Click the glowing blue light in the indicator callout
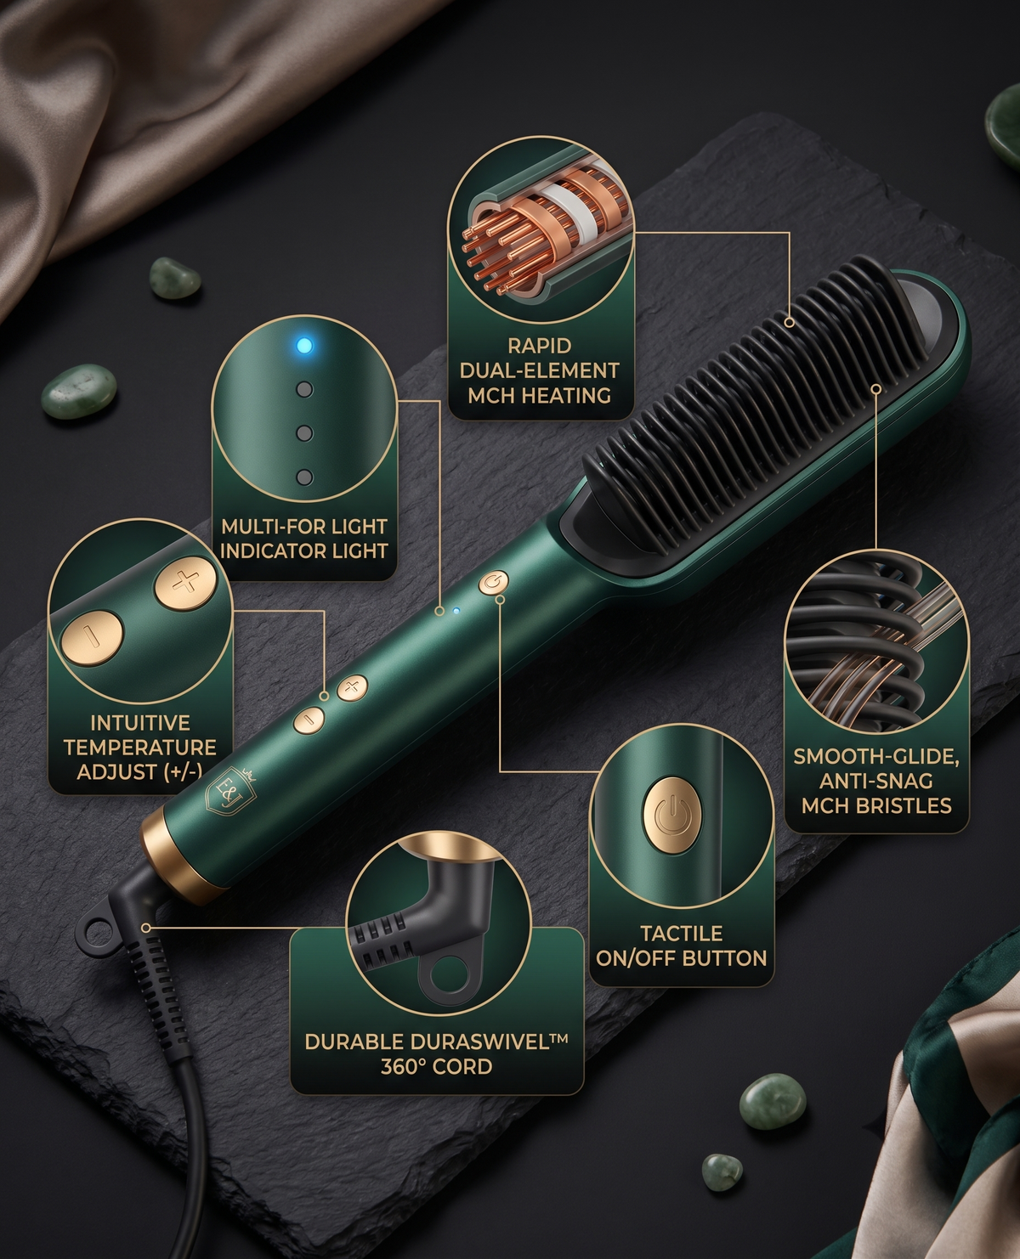click(304, 345)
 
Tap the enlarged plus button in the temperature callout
click(185, 584)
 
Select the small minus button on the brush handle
click(309, 720)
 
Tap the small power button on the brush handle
click(494, 582)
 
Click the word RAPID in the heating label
click(539, 347)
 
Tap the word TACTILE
click(681, 934)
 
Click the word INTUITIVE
click(140, 723)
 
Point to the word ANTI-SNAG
click(876, 781)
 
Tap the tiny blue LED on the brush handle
click(456, 610)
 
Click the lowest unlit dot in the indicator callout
click(304, 477)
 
